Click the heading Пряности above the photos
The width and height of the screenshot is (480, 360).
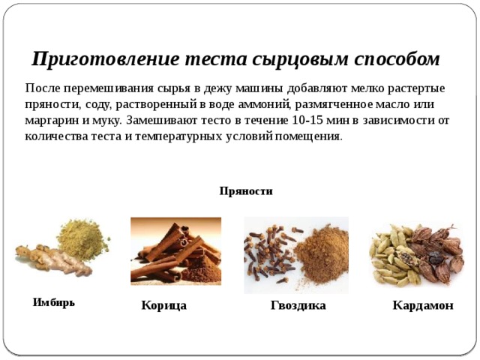[x=246, y=191]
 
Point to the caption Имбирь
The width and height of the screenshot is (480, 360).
[x=54, y=303]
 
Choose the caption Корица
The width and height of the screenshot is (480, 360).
[x=163, y=306]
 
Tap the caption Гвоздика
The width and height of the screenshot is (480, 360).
[x=298, y=306]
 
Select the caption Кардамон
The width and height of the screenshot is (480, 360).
[x=423, y=306]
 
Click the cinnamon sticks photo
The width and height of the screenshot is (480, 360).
[x=175, y=250]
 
